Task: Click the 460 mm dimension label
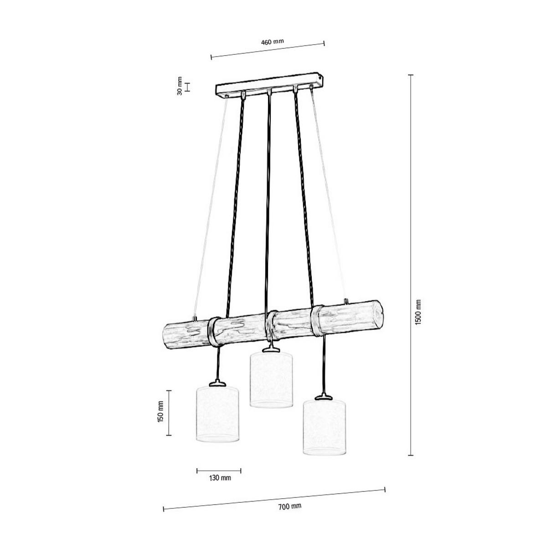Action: pos(272,41)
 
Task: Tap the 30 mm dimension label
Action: pos(180,86)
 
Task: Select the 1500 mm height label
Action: pos(418,312)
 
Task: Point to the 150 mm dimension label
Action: pos(160,413)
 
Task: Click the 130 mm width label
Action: pos(220,478)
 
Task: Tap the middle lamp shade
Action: pos(271,379)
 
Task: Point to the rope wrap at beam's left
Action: pos(213,332)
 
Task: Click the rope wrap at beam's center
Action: pos(273,325)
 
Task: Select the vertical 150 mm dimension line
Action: pos(169,413)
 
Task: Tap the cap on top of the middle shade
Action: pos(271,349)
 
